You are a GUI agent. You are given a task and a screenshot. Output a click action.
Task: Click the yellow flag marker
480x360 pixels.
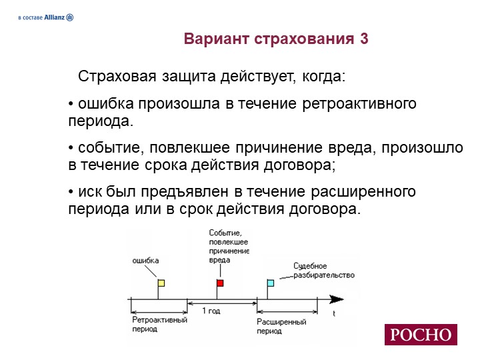coord(161,283)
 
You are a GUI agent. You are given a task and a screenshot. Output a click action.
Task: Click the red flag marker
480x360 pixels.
coord(220,283)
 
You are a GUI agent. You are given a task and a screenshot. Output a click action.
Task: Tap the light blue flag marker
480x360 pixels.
coord(271,283)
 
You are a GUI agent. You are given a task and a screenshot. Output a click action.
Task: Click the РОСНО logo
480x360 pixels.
coord(421,335)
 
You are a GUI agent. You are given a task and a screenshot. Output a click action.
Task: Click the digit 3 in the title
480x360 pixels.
coord(364,39)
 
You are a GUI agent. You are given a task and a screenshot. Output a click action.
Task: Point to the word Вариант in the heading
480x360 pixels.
coord(216,39)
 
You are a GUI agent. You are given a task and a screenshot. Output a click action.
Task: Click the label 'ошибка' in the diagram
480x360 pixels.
coord(145,261)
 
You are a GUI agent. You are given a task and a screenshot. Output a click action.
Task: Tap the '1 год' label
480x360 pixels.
coord(211,311)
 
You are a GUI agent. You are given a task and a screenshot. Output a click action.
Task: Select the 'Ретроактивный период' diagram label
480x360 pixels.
coord(159,325)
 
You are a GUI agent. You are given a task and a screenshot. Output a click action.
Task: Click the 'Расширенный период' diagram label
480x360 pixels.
coord(281,326)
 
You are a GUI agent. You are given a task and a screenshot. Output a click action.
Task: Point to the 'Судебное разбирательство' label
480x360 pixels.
coord(324,270)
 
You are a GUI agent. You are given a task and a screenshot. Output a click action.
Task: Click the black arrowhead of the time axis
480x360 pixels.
coord(337,299)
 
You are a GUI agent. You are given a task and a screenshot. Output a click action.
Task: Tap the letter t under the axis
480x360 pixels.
coord(334,313)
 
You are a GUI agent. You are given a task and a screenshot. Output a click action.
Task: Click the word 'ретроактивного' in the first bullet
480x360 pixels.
coord(359,104)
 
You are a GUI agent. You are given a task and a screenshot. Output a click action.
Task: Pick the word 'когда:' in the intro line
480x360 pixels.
coord(324,76)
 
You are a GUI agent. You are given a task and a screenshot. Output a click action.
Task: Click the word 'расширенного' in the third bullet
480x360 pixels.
coord(363,192)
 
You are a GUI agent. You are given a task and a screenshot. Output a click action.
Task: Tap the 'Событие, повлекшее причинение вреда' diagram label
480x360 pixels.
coord(229,247)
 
